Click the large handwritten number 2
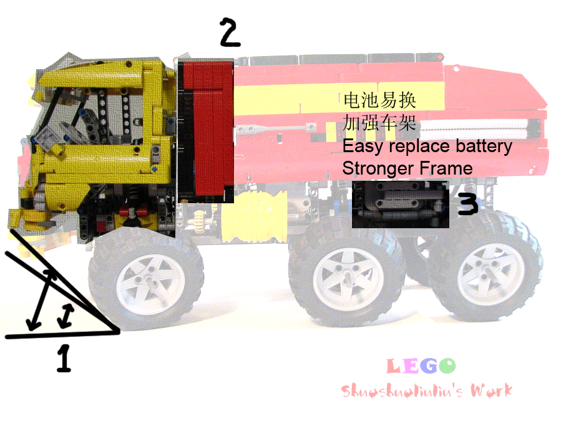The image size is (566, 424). pos(230,33)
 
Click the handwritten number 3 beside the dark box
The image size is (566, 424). pos(467,204)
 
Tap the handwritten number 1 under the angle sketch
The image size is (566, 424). pos(64,358)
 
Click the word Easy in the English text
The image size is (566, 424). pos(363,147)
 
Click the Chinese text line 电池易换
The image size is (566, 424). pos(379,100)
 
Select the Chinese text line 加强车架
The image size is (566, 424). pos(379,123)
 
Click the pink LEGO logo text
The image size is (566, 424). pos(421,366)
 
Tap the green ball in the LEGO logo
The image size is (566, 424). pos(447,366)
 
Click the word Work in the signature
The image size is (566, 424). pos(491,391)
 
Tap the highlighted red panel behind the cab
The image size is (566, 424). pos(206,130)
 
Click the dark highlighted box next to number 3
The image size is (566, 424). pos(400,204)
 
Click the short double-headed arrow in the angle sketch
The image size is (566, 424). pos(66,316)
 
